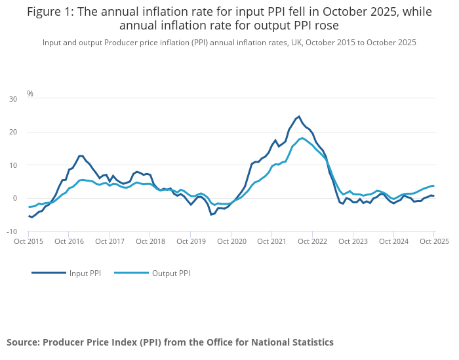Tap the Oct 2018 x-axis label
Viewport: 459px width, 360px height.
point(151,241)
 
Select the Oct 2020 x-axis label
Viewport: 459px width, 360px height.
point(231,241)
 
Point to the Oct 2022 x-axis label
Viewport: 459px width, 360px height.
point(313,241)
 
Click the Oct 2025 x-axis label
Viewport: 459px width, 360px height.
point(434,241)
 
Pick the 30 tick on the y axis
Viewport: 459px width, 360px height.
point(13,99)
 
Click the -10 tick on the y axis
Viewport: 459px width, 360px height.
point(12,231)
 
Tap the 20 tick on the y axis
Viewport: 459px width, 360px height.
point(13,132)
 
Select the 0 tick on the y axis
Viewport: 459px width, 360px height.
point(15,199)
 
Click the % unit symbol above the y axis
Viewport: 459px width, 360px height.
point(30,94)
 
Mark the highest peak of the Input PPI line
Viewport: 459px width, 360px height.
point(299,117)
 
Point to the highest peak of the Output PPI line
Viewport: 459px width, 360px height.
point(302,138)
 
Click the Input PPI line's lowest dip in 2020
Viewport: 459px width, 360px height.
point(211,214)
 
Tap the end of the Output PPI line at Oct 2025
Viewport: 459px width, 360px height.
point(433,186)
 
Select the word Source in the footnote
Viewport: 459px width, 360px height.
point(22,342)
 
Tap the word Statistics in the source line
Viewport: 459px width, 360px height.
point(311,342)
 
